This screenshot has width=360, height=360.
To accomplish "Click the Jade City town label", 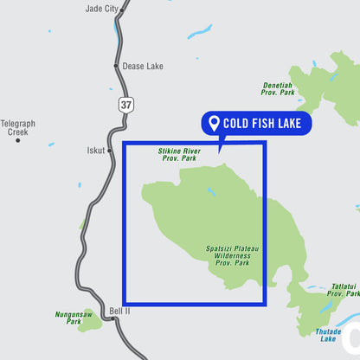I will click(102, 9).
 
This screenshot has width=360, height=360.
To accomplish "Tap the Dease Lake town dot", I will click(115, 65).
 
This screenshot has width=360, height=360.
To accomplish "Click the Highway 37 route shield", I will click(126, 105).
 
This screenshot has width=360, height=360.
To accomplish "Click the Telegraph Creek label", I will click(18, 128).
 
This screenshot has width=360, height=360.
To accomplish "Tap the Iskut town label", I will click(95, 150).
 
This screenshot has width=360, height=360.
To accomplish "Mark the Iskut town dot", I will click(110, 150).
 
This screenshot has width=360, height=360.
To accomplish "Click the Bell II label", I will click(119, 311).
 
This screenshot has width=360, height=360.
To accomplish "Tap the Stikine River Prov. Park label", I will click(179, 154).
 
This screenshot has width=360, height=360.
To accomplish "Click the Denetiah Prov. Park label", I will click(278, 88).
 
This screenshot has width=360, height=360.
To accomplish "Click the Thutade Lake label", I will click(328, 335).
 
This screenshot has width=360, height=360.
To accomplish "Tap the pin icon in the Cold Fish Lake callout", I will click(214, 123).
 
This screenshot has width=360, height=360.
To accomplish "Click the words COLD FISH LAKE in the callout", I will click(261, 124).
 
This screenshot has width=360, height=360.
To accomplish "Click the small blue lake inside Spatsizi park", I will click(211, 191).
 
